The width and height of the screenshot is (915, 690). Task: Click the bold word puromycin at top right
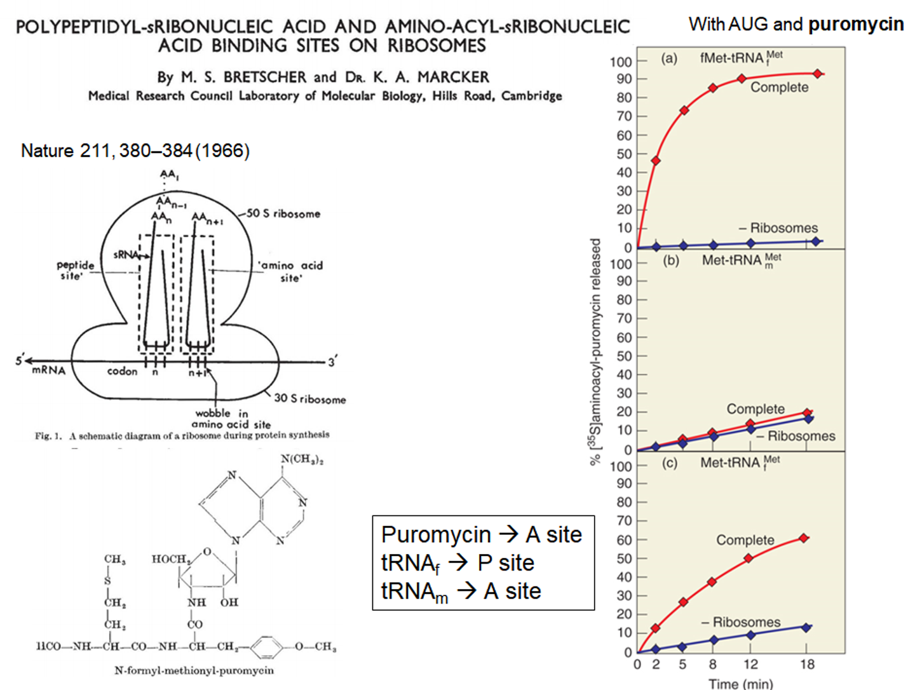coord(855,24)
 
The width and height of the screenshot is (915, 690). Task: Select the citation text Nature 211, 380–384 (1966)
coord(135,151)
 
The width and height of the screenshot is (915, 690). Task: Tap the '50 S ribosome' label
coord(283,213)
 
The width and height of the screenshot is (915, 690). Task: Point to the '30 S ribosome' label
coord(310,398)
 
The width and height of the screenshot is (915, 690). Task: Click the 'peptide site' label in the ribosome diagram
coord(75,270)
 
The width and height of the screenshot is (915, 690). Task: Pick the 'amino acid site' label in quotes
coord(292,271)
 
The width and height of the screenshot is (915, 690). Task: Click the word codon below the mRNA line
coord(122,371)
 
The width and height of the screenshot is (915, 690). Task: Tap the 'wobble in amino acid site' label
coord(231,419)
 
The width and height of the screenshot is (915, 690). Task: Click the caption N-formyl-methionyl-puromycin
coord(194,670)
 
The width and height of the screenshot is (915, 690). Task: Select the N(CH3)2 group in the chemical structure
coord(302,459)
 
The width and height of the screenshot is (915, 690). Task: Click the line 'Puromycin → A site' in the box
coord(482,535)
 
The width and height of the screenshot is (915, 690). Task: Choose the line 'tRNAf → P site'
coord(457,563)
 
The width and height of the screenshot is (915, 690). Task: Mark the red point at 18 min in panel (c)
coord(804,538)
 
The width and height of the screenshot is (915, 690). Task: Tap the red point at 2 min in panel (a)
coord(656,161)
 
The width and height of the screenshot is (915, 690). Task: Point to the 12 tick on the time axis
coord(750,665)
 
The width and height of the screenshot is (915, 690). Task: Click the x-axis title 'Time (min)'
coord(741,684)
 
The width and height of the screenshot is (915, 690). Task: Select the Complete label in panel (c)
coord(745,540)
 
